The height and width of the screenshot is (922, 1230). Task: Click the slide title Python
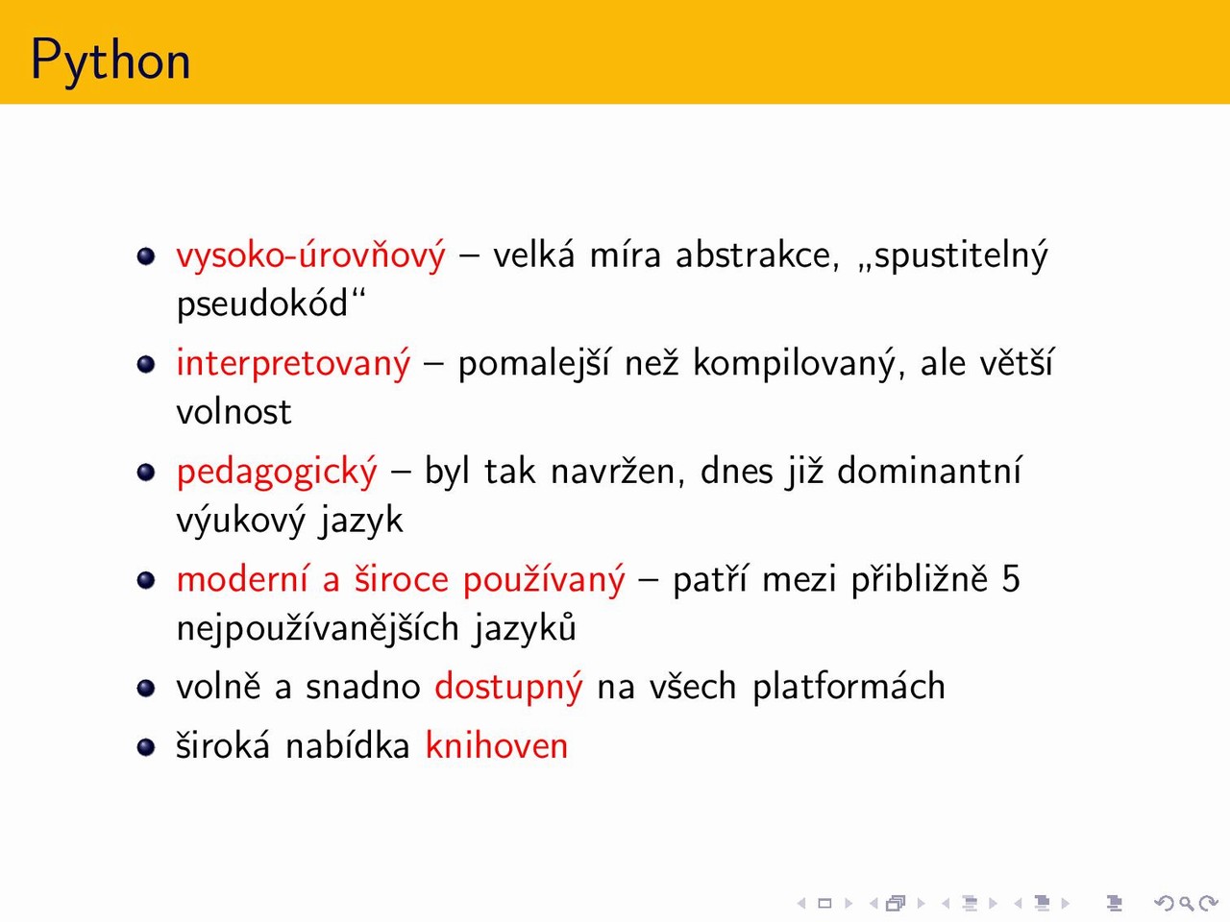(x=111, y=61)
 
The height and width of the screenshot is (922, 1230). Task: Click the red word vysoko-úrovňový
(x=311, y=255)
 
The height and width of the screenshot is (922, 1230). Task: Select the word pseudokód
(x=262, y=304)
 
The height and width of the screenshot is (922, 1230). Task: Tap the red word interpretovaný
(x=293, y=364)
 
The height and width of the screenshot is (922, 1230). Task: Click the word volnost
(x=234, y=412)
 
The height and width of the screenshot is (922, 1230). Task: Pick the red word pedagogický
(x=277, y=472)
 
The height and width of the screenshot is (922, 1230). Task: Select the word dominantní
(x=929, y=471)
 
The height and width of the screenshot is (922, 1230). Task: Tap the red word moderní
(x=242, y=579)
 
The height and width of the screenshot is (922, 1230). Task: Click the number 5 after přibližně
(x=1010, y=579)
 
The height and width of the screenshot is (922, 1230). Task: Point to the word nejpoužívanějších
(x=318, y=628)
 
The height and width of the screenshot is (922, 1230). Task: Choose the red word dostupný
(x=508, y=687)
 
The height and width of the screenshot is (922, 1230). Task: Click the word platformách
(x=849, y=687)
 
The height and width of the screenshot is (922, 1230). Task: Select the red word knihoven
(x=497, y=745)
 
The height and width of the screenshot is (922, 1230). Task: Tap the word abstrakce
(x=757, y=255)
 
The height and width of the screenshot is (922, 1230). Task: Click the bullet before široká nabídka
(x=146, y=747)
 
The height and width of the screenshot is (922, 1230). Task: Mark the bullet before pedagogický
(x=146, y=472)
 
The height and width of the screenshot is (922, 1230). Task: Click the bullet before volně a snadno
(x=146, y=688)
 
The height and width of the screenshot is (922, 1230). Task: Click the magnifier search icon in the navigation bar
(x=1187, y=903)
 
